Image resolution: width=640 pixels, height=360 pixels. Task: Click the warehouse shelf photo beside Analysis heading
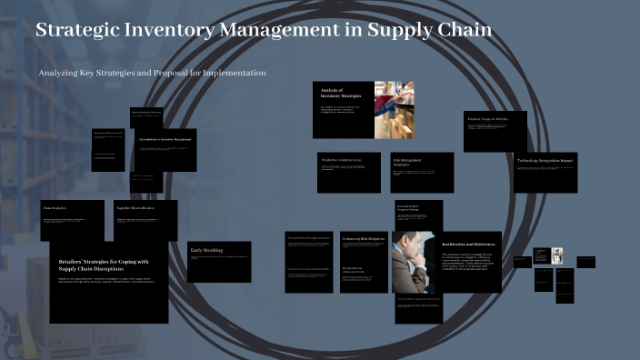click(394, 109)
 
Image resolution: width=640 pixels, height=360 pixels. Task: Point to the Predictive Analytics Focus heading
click(342, 159)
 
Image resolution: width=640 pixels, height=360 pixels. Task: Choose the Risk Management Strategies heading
click(413, 162)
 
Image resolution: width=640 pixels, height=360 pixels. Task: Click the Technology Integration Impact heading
click(545, 161)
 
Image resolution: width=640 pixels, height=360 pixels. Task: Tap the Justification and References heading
click(468, 245)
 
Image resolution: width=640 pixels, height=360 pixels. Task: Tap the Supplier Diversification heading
click(135, 208)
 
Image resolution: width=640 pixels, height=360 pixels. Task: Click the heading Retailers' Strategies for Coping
click(102, 265)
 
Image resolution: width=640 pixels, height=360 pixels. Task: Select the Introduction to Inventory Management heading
click(165, 139)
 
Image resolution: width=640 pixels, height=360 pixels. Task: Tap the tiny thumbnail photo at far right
click(556, 256)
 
